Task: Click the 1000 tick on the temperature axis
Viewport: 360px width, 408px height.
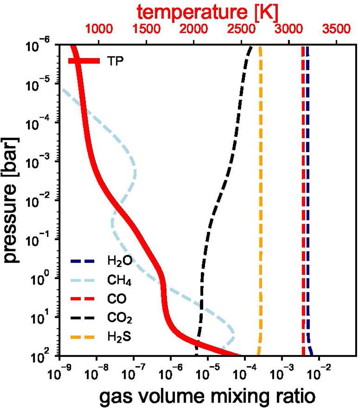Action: click(99, 29)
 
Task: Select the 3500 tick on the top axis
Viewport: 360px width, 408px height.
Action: click(337, 29)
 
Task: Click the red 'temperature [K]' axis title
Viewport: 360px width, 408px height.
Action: click(208, 12)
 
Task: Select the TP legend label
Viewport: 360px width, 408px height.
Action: click(115, 61)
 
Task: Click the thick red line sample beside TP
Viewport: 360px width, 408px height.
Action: click(84, 61)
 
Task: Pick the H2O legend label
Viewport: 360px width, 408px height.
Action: click(120, 261)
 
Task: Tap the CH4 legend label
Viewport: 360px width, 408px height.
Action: click(120, 280)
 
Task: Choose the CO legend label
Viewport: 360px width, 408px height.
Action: click(116, 299)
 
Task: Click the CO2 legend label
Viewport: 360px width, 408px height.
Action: click(120, 318)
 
